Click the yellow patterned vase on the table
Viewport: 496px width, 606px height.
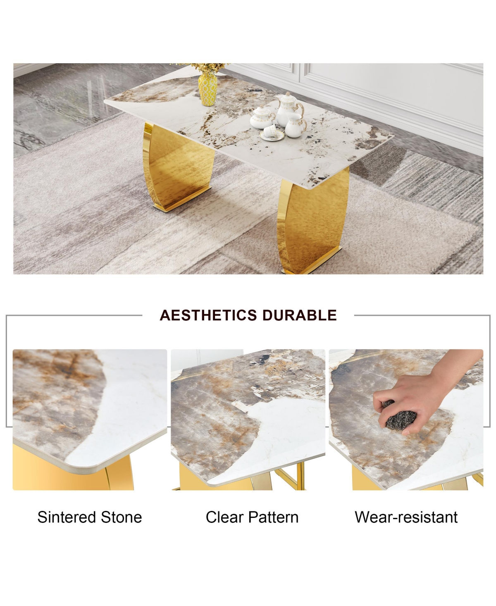click(x=207, y=89)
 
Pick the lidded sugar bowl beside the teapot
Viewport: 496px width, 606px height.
click(x=262, y=117)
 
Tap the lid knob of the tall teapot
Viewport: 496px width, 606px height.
click(x=288, y=94)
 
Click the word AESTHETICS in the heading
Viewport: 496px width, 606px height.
click(x=208, y=315)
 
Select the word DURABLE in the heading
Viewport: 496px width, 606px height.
click(x=299, y=315)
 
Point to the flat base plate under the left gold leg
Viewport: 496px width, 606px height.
click(x=181, y=199)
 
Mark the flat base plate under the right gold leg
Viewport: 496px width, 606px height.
click(x=312, y=260)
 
